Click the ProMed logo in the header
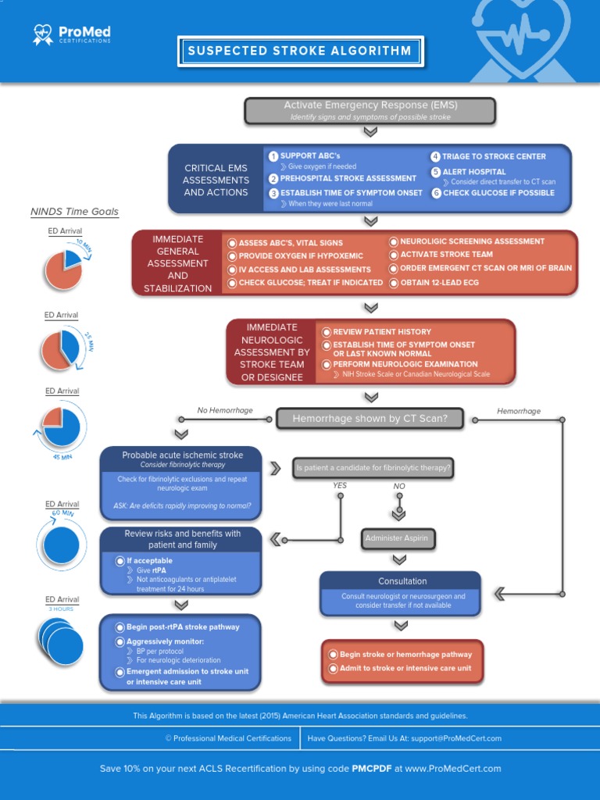coord(72,34)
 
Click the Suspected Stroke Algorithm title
coord(299,52)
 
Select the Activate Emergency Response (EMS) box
coord(370,110)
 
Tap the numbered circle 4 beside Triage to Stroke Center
coord(435,156)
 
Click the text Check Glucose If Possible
coord(498,193)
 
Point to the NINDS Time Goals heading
coord(74,212)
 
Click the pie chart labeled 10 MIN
coord(63,268)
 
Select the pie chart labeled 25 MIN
coord(60,349)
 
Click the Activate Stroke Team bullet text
coord(446,255)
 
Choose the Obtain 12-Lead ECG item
coord(439,283)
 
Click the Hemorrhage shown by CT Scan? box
coord(370,419)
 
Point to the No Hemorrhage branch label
coord(225,410)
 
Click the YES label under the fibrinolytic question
coord(340,485)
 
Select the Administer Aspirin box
coord(398,538)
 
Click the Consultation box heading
coord(402,581)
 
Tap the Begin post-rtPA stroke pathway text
coord(183,627)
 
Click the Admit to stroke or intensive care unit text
coord(405,669)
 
